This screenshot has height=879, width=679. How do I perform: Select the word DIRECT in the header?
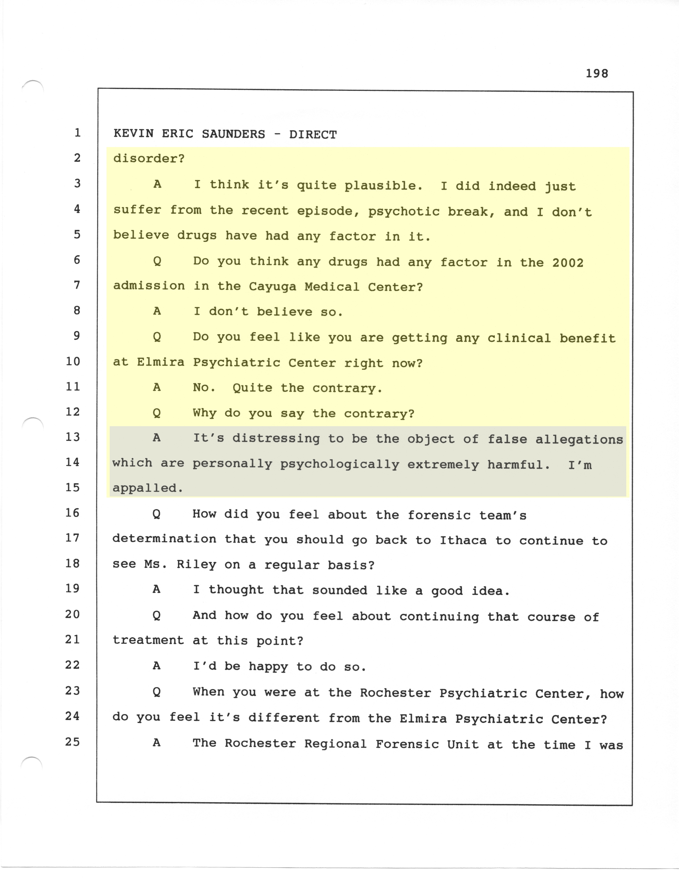pos(313,135)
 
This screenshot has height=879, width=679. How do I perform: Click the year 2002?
pos(568,263)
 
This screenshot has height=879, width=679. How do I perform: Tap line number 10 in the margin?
pos(73,361)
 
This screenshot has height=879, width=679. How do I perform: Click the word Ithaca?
pos(463,540)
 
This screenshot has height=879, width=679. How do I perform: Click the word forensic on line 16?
pos(439,515)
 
